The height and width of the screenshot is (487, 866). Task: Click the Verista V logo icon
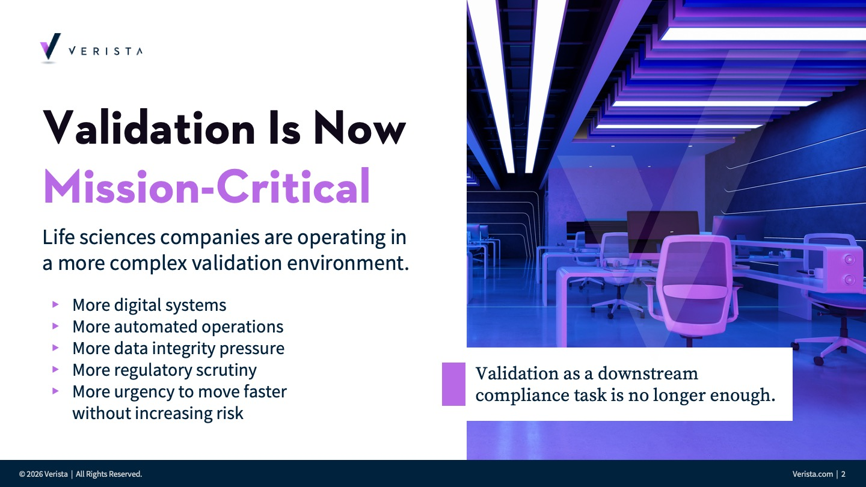pos(51,47)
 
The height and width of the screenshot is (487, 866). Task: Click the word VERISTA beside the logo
pos(106,51)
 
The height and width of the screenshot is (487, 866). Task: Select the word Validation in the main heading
pos(149,127)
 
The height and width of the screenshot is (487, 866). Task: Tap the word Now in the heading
pos(360,128)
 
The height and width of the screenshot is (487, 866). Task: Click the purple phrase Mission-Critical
pos(207,186)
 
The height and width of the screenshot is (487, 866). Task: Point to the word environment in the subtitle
pos(348,263)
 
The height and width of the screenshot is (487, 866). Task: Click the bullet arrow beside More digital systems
pos(55,305)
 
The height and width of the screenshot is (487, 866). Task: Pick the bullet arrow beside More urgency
pos(55,391)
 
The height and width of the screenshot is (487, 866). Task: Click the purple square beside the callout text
pos(453,384)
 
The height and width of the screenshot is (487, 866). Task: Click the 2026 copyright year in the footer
pos(34,474)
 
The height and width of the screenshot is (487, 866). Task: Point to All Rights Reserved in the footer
pos(109,474)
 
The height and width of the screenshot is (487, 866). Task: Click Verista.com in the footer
pos(812,474)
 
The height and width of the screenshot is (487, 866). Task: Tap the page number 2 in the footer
pos(843,474)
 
